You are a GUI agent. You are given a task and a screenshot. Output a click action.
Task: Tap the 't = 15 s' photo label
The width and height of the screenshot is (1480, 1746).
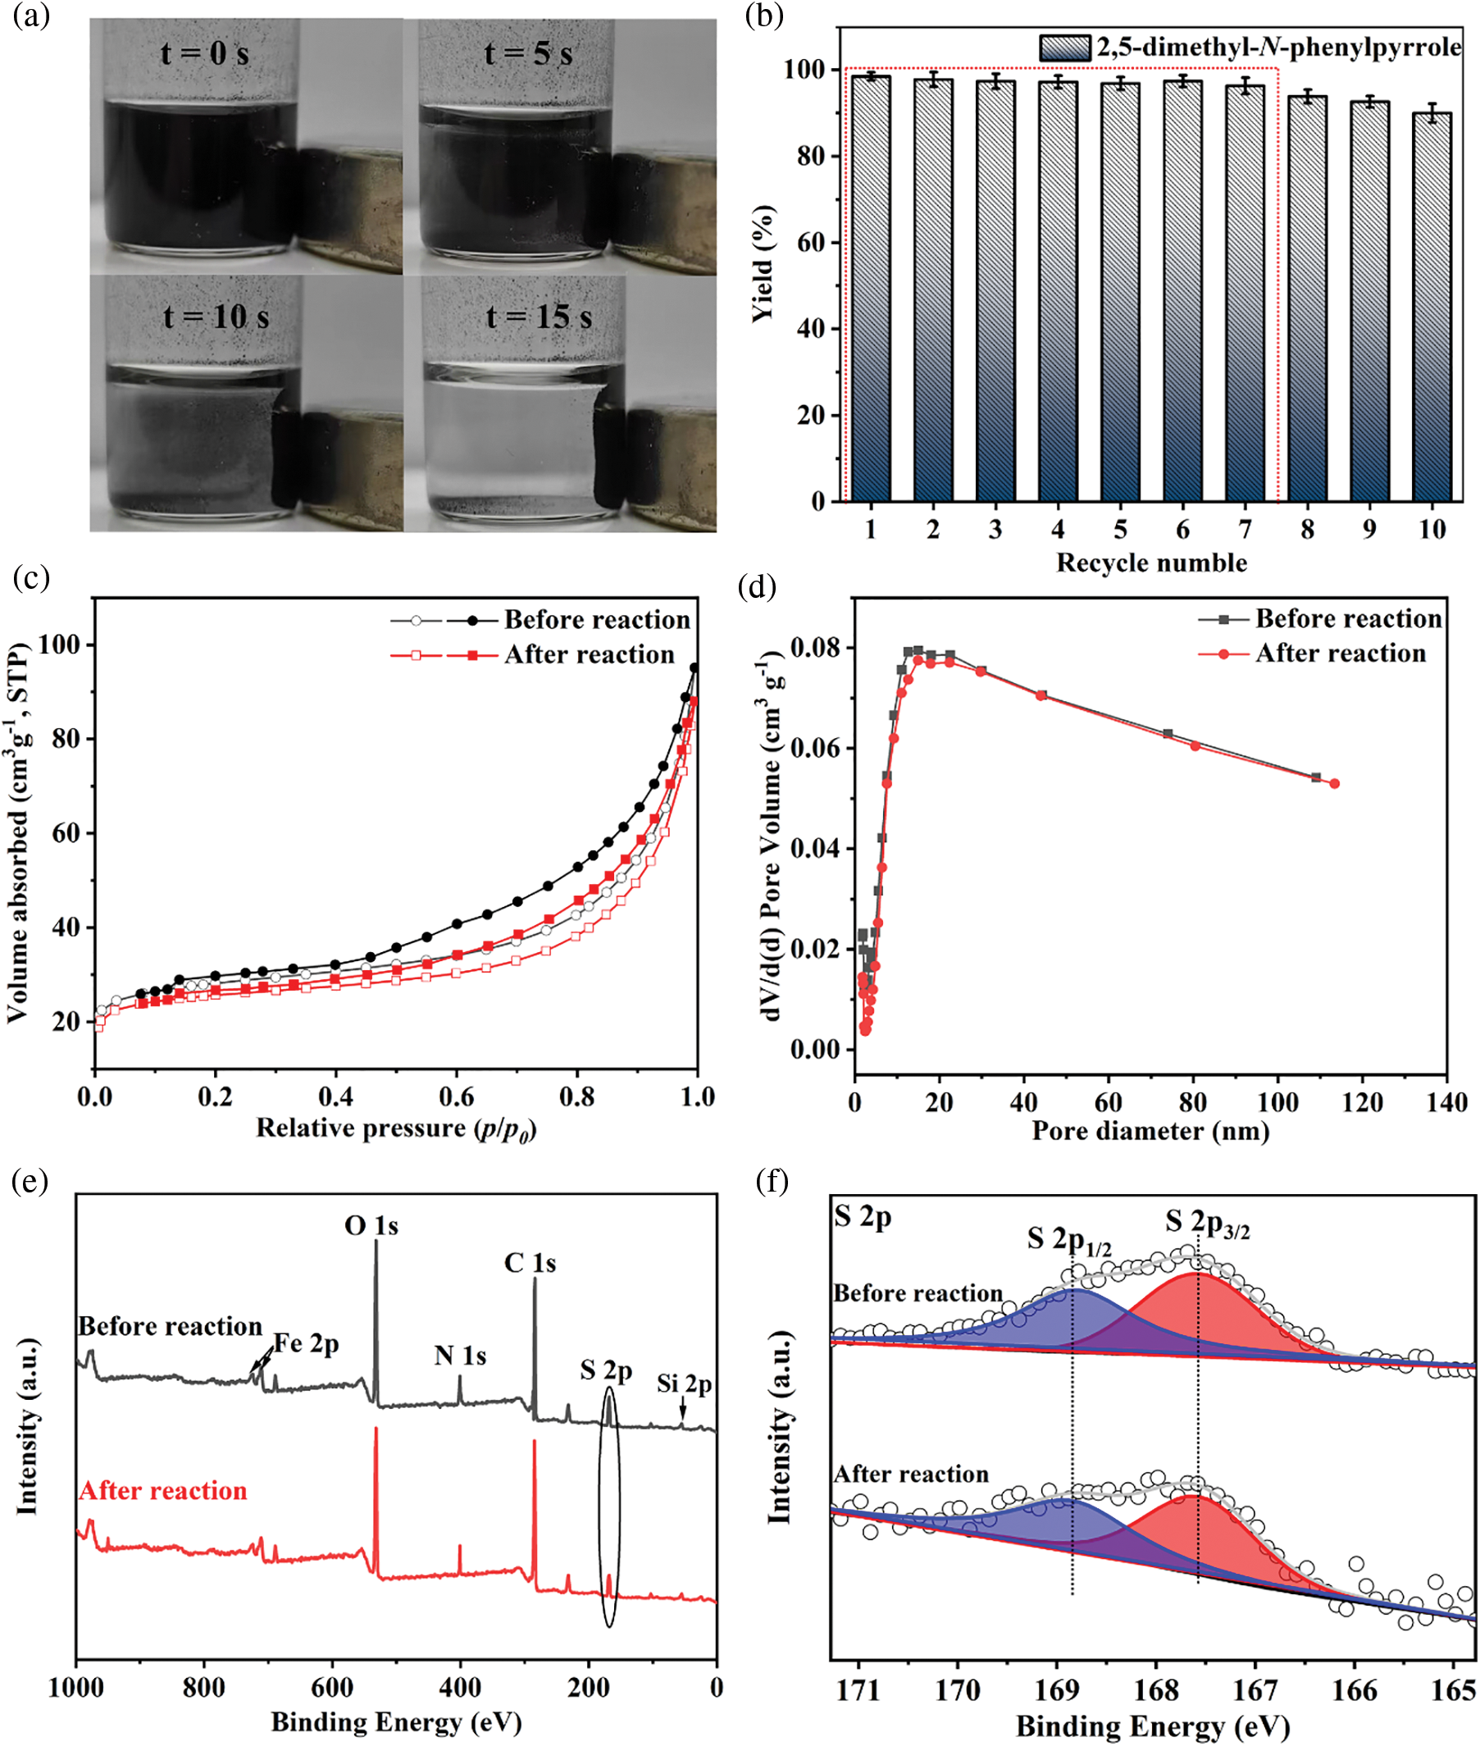539,317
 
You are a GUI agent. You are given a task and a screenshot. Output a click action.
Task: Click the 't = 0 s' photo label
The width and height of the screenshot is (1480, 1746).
205,53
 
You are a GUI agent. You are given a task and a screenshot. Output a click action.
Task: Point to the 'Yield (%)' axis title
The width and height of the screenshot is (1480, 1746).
763,263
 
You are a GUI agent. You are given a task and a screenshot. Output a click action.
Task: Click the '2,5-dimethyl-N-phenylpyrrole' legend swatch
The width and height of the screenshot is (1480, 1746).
1063,48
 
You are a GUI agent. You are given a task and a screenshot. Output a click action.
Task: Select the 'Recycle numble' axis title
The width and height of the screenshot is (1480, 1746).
1151,563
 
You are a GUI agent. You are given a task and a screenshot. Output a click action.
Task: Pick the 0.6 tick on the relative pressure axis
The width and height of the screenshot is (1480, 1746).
457,1096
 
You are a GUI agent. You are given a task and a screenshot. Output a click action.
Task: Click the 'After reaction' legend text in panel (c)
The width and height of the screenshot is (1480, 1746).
589,654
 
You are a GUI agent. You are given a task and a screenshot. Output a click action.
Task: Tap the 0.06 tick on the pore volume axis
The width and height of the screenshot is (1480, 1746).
813,749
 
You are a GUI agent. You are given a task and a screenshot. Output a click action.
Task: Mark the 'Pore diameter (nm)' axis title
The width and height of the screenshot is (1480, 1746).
1150,1131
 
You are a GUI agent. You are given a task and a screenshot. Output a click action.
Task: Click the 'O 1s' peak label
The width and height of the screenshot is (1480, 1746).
371,1226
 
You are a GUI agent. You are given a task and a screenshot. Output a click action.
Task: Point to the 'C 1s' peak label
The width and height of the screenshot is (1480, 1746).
530,1263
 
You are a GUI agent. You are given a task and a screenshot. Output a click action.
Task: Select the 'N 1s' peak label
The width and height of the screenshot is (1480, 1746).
460,1355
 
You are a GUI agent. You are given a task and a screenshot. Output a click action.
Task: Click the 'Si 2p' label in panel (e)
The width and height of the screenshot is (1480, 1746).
684,1384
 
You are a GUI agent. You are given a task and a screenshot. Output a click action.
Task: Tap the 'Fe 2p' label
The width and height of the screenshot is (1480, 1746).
306,1343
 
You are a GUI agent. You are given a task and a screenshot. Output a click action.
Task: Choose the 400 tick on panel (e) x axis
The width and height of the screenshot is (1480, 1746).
460,1686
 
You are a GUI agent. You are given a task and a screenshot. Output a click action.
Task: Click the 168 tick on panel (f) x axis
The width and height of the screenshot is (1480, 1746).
1156,1689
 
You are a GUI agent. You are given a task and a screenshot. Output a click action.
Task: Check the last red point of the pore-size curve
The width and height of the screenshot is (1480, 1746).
1334,784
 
